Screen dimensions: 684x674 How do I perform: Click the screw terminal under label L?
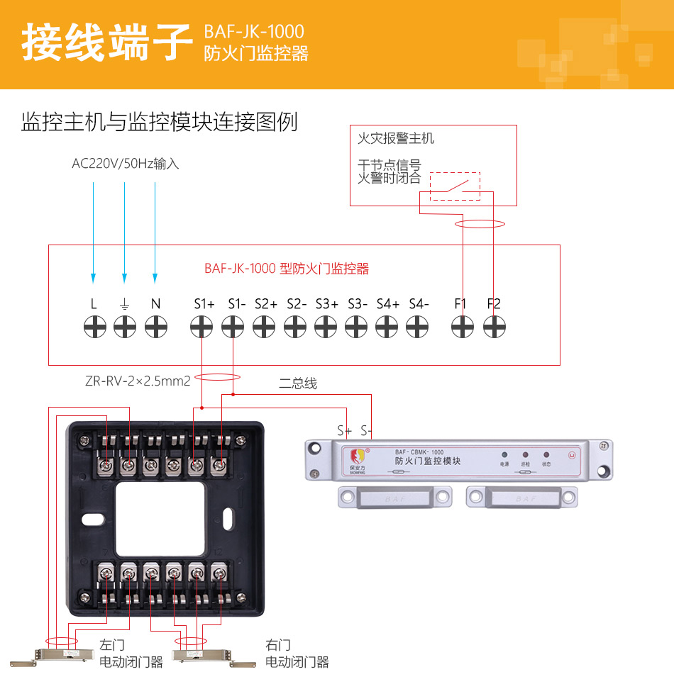94,327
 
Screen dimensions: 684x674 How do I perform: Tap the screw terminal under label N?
155,327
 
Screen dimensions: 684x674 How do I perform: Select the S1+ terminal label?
204,304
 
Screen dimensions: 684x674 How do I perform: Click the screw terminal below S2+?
264,327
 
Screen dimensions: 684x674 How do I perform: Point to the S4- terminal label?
419,304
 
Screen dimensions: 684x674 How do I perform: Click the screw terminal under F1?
463,327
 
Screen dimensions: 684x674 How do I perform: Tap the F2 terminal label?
494,304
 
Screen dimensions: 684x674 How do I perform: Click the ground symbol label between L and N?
125,304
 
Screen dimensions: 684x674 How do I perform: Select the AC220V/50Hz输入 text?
126,164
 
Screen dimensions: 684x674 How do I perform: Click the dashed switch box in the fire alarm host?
455,186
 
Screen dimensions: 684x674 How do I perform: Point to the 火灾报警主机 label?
396,138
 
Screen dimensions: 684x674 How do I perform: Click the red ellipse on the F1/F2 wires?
480,225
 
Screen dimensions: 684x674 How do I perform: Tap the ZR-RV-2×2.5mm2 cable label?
138,381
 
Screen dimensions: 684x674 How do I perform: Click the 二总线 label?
298,383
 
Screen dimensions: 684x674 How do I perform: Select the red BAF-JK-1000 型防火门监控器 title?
287,269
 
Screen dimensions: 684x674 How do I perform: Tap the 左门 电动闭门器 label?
131,654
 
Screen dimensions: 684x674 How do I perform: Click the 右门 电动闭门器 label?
297,654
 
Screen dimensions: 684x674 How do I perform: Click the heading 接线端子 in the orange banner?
106,43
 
